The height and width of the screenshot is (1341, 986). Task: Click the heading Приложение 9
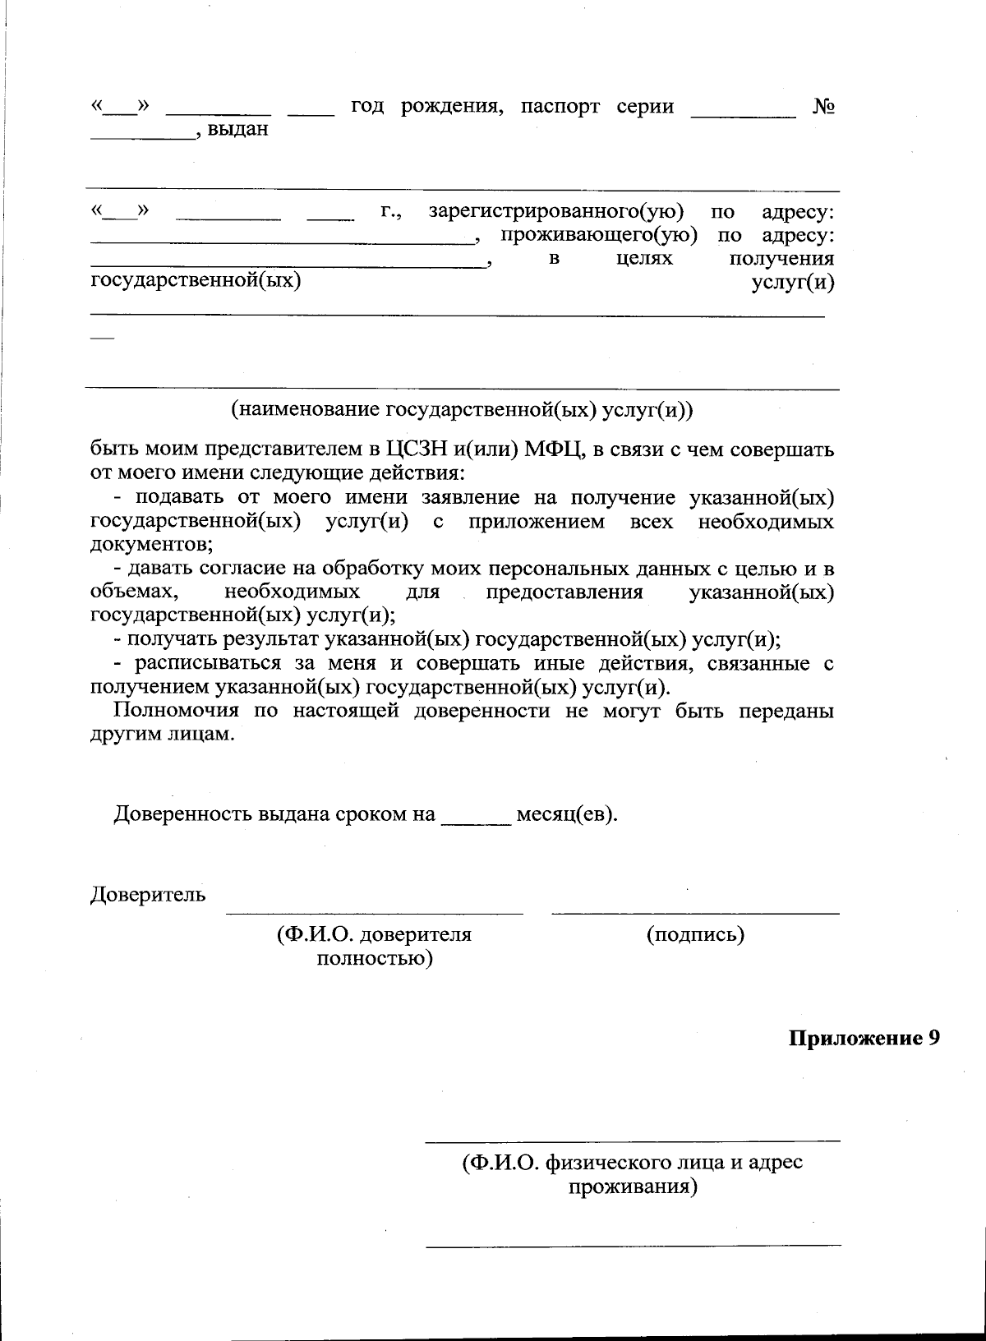[x=864, y=1038]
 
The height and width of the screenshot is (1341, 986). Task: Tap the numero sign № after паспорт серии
[x=823, y=107]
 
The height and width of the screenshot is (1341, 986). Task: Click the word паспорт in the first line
[x=560, y=107]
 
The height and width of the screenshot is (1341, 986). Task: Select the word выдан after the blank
[x=238, y=130]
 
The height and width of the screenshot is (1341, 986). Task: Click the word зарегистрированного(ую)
[x=557, y=212]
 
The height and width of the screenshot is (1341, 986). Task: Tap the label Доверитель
[x=147, y=894]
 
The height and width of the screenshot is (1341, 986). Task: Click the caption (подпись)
[x=695, y=934]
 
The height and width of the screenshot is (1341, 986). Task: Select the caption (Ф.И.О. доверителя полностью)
[x=375, y=946]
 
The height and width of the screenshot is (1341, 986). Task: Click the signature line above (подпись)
[x=695, y=913]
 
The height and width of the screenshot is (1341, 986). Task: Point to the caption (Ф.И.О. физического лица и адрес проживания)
[x=633, y=1174]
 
